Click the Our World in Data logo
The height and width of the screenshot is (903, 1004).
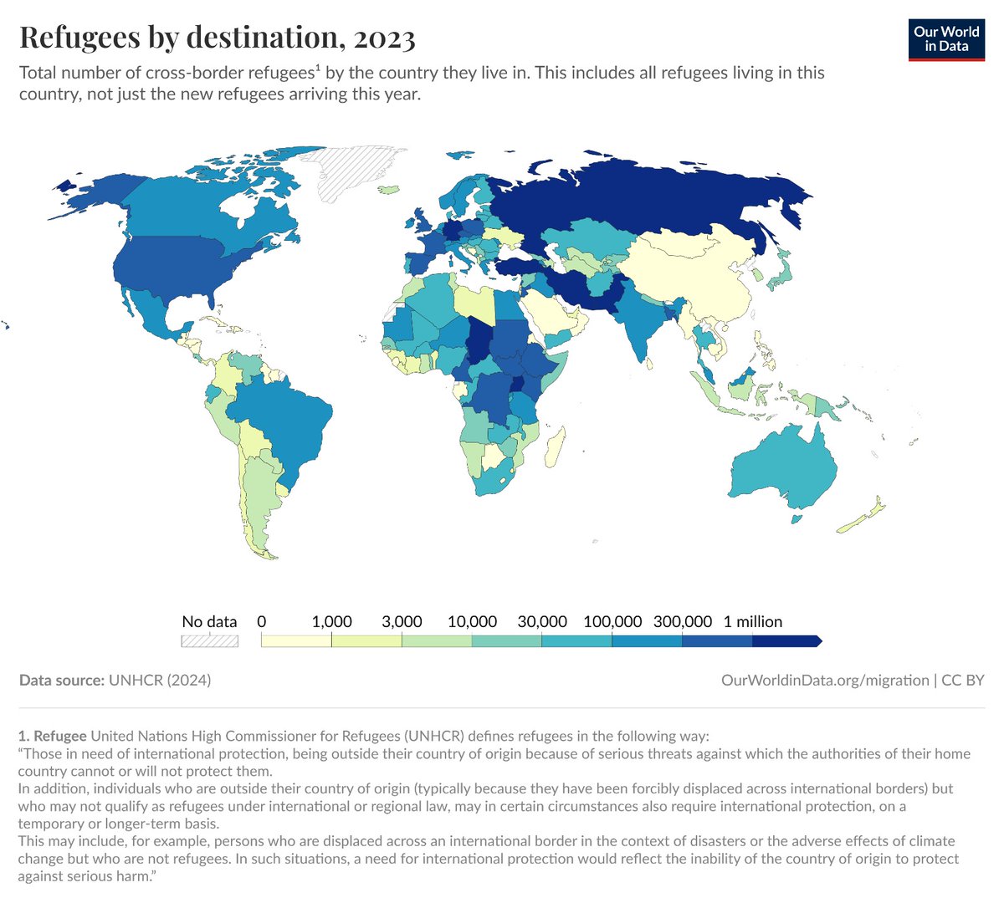[x=946, y=38]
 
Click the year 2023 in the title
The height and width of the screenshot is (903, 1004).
[x=384, y=38]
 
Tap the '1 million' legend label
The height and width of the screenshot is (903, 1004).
[x=753, y=621]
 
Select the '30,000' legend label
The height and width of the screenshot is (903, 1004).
[x=542, y=621]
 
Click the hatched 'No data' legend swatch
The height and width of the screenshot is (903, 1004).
[x=210, y=641]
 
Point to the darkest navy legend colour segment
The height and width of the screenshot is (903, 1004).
[x=785, y=641]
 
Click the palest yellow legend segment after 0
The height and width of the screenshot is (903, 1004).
[x=296, y=641]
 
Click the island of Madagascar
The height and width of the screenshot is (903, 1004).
[x=555, y=447]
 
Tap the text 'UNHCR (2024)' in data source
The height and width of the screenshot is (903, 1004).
[x=160, y=680]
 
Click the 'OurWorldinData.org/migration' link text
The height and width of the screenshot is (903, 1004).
[x=825, y=680]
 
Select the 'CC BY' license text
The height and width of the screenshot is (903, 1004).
[x=963, y=680]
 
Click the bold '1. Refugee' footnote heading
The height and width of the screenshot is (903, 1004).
[x=52, y=736]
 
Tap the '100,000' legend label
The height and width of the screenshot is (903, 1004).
[x=612, y=621]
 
